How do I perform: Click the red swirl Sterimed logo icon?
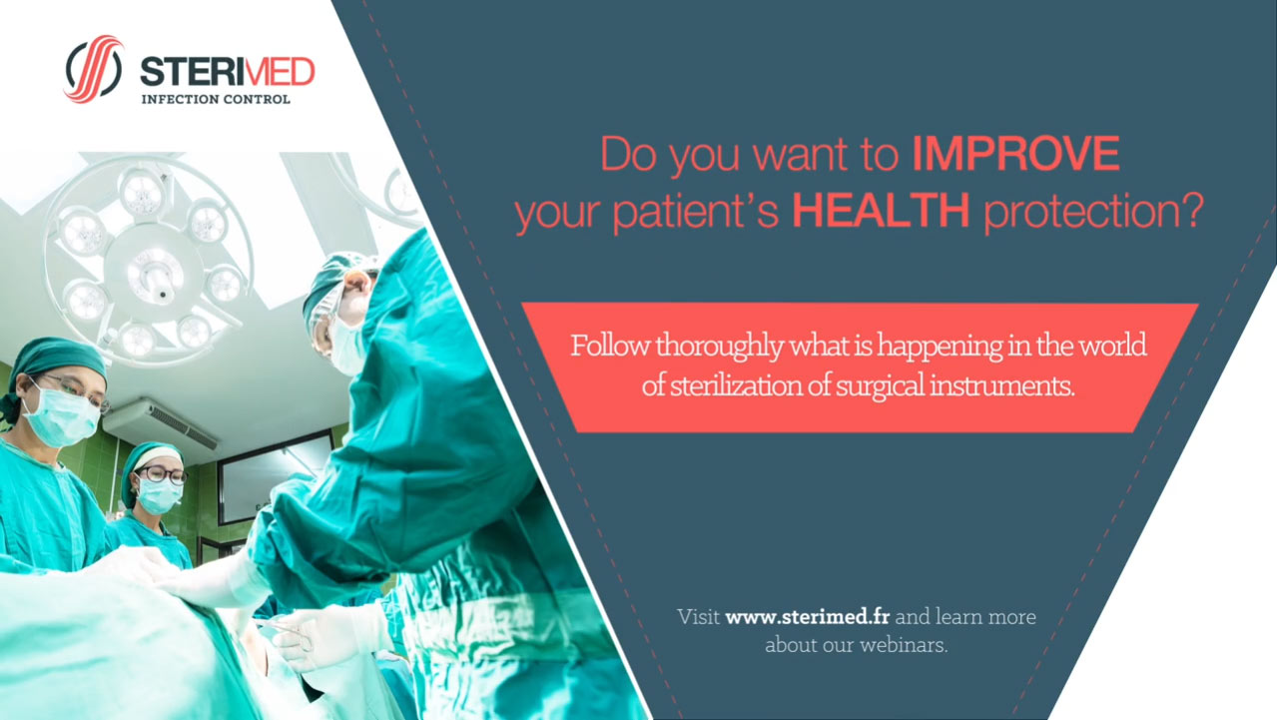click(x=94, y=69)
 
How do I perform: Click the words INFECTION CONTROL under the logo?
click(x=216, y=99)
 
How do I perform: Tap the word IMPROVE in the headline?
click(x=1015, y=153)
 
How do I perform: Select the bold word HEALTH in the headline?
click(x=881, y=210)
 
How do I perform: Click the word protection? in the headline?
click(x=1094, y=213)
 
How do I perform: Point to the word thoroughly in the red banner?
click(x=719, y=347)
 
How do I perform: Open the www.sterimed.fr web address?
click(x=808, y=617)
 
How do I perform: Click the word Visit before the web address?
click(x=698, y=617)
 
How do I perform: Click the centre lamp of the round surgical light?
click(x=155, y=276)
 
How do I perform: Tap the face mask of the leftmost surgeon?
click(x=62, y=417)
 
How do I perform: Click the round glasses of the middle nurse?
click(x=162, y=474)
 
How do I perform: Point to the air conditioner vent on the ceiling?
click(x=160, y=424)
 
